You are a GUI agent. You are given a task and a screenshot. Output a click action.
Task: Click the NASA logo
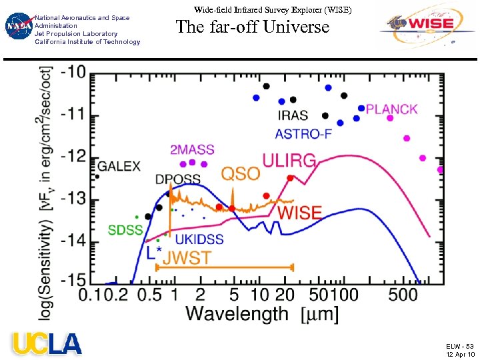pyautogui.click(x=17, y=27)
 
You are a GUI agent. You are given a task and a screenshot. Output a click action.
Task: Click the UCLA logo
pyautogui.click(x=46, y=343)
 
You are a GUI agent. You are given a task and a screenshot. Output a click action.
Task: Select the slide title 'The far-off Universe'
pyautogui.click(x=253, y=27)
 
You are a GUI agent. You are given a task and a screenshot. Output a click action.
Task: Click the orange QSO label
pyautogui.click(x=240, y=173)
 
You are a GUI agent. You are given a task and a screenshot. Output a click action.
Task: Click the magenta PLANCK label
pyautogui.click(x=392, y=109)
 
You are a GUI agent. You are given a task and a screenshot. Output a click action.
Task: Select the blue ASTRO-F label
pyautogui.click(x=304, y=133)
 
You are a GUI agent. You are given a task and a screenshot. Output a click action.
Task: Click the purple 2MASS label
pyautogui.click(x=192, y=150)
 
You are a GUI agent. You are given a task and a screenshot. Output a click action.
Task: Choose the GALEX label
pyautogui.click(x=120, y=166)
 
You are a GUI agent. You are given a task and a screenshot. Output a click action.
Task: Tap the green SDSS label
pyautogui.click(x=126, y=231)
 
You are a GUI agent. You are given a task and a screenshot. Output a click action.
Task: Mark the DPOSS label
pyautogui.click(x=179, y=179)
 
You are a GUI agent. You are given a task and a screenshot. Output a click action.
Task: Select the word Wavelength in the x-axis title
pyautogui.click(x=237, y=313)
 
